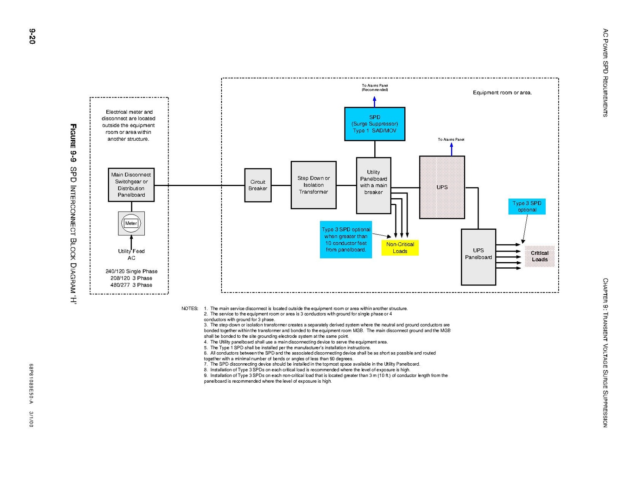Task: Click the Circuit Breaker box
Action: [258, 185]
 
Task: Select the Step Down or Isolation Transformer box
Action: [313, 185]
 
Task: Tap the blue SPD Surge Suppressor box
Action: [374, 124]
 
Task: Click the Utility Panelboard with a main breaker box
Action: [373, 185]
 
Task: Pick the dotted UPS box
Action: [441, 187]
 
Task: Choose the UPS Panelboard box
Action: [478, 257]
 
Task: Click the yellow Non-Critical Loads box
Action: [400, 248]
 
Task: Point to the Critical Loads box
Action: [539, 256]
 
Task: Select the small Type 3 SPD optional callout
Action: [526, 206]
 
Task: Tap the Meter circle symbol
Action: [131, 223]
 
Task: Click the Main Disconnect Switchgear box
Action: [131, 185]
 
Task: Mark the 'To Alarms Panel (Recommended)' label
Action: [374, 87]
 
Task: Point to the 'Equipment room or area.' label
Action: [502, 93]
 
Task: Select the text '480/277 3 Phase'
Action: [131, 285]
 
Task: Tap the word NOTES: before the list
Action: [190, 309]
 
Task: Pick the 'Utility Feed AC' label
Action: [131, 254]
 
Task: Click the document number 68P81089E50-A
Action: [31, 383]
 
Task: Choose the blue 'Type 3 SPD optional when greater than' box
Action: [346, 239]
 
